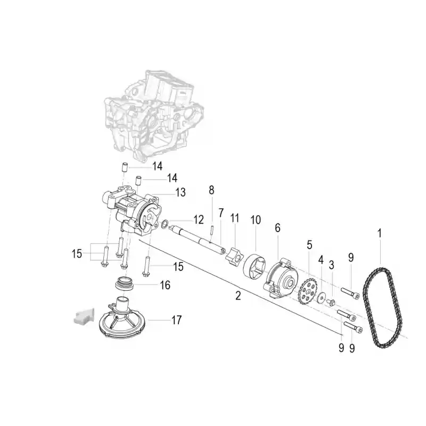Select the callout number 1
click(x=380, y=233)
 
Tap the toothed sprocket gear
click(x=308, y=291)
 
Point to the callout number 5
click(x=309, y=245)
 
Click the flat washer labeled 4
click(x=322, y=298)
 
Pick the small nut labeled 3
click(x=331, y=302)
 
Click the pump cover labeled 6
click(x=281, y=278)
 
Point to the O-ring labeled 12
click(x=164, y=224)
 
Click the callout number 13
click(x=181, y=192)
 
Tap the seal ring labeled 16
click(x=124, y=283)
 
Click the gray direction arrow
click(x=84, y=316)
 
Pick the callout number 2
click(x=238, y=296)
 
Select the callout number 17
click(x=176, y=320)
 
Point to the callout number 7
click(x=221, y=213)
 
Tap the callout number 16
click(x=165, y=285)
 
